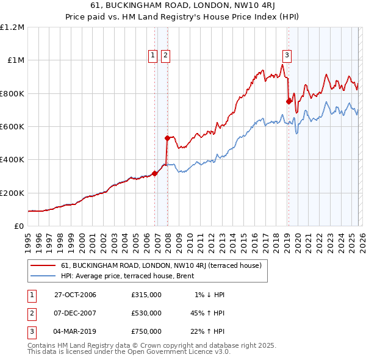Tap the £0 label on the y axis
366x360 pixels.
(x=20, y=226)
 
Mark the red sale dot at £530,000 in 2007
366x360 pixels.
(x=167, y=138)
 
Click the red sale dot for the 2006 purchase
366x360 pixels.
(x=155, y=173)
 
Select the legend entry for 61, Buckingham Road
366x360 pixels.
(x=161, y=265)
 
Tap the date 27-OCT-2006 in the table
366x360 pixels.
(x=75, y=295)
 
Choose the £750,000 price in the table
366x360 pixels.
(x=146, y=331)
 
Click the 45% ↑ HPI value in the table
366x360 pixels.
(x=207, y=313)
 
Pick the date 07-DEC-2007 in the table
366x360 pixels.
(x=75, y=313)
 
